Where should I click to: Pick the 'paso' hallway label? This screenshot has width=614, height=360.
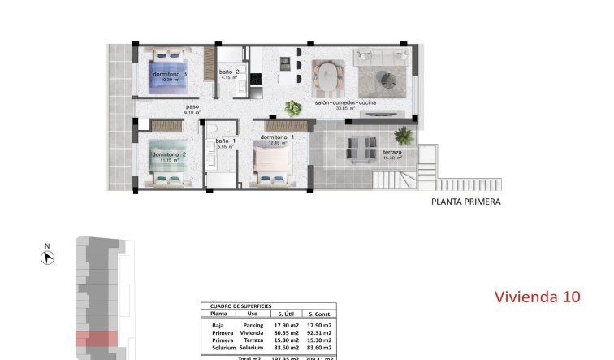tap(192, 106)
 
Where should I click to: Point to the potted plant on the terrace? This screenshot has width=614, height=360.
tap(402, 135)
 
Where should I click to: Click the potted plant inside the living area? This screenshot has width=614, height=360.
tap(292, 107)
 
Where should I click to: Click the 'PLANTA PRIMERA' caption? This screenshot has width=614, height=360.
tap(465, 202)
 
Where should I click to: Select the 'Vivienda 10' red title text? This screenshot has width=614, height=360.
tap(538, 297)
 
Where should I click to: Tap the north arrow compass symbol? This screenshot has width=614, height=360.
tap(48, 258)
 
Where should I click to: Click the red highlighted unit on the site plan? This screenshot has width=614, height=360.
tap(97, 340)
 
